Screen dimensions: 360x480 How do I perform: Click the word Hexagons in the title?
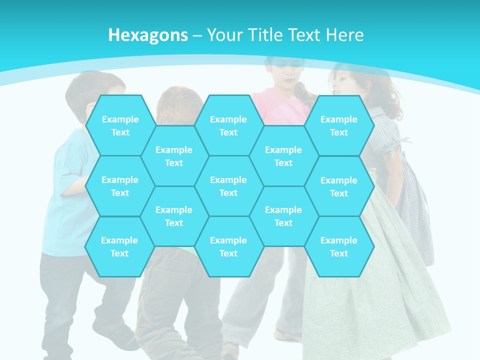click(148, 35)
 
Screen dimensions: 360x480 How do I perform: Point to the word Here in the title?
click(344, 35)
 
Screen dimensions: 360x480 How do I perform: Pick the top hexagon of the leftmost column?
click(120, 125)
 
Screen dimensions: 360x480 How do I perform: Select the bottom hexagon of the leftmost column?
click(119, 246)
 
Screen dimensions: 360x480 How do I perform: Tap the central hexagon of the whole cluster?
click(228, 186)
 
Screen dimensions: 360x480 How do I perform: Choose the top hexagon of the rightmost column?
click(339, 125)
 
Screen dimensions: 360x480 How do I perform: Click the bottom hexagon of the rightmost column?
click(339, 246)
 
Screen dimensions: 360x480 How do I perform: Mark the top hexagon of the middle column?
click(228, 125)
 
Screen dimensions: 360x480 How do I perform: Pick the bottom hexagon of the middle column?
click(228, 246)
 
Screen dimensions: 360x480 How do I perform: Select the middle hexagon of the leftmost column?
click(120, 186)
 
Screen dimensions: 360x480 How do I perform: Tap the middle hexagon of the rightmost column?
click(339, 186)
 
